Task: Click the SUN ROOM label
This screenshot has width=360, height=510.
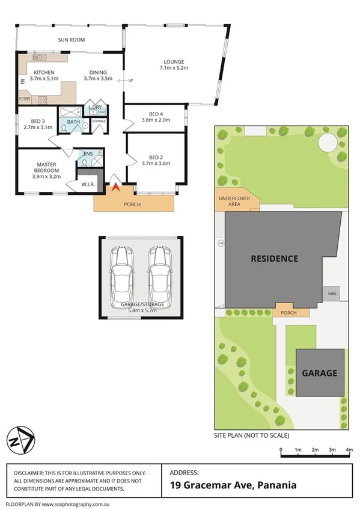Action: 70,40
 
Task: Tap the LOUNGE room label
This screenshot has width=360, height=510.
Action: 174,61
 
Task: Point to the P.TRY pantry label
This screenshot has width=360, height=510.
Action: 25,99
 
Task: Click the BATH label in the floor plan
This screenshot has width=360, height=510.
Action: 73,121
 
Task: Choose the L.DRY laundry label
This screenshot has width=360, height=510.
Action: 94,108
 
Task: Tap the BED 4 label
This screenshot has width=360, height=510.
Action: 156,114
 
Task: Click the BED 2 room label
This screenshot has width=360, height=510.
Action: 156,157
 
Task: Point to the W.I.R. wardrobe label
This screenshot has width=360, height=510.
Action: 88,185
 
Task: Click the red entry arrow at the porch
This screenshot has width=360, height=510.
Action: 115,187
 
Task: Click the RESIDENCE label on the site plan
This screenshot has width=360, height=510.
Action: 274,259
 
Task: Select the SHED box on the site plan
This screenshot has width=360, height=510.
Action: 331,294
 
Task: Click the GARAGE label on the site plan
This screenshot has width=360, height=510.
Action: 319,373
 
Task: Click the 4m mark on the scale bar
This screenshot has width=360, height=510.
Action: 349,450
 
